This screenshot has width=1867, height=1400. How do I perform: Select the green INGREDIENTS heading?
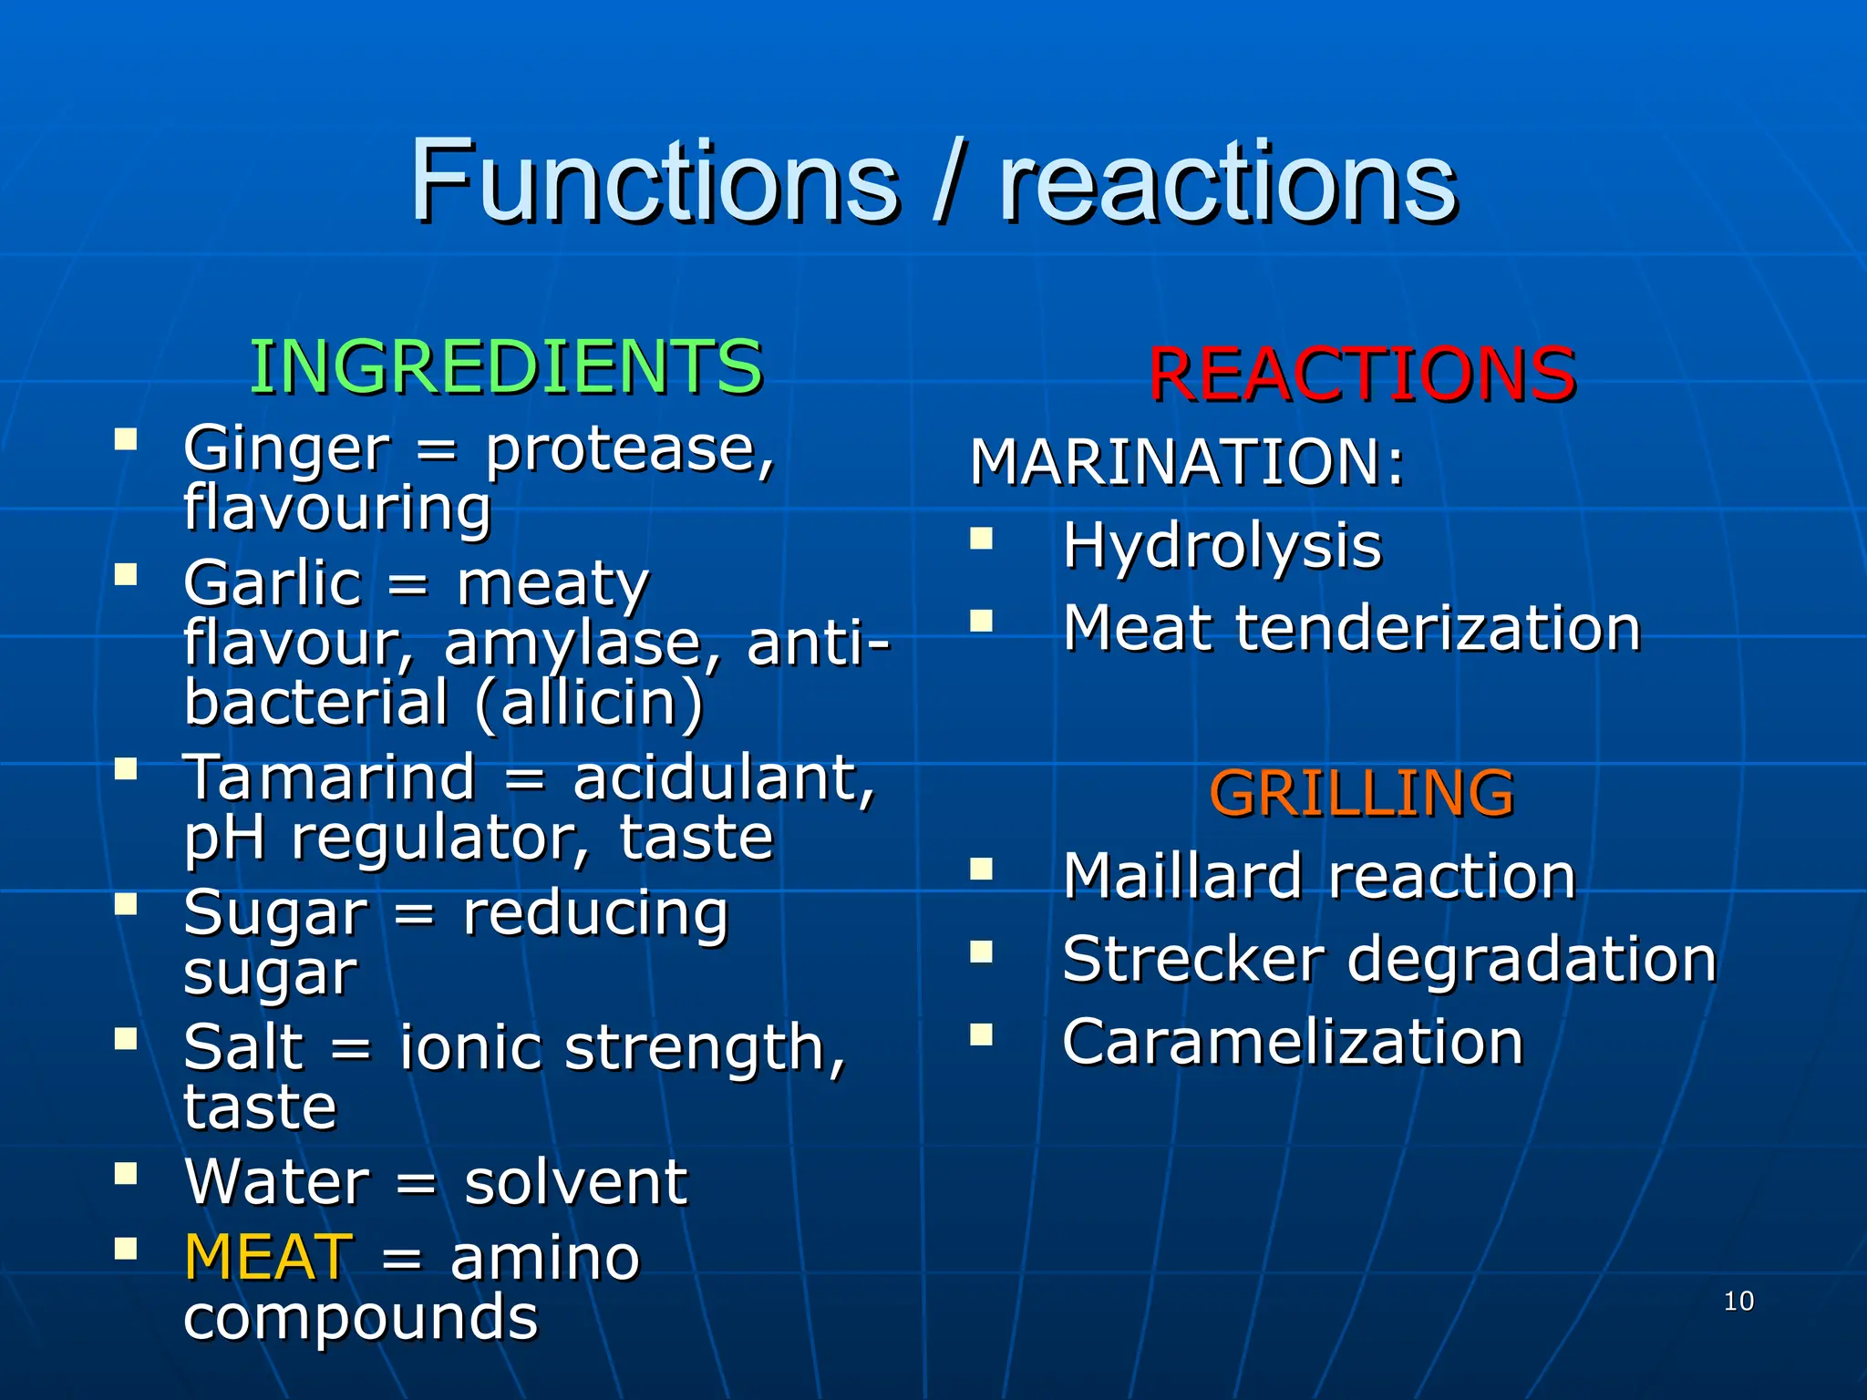[506, 366]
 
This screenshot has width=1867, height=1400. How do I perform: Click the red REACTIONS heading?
[1361, 374]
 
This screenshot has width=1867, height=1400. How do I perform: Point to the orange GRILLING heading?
[1361, 793]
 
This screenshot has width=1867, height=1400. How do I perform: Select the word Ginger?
[286, 448]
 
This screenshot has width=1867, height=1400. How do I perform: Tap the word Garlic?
[273, 583]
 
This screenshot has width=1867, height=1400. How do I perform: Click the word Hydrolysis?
[1222, 545]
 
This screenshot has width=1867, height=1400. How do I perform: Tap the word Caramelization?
[1293, 1042]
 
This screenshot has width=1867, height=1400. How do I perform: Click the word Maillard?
[1181, 876]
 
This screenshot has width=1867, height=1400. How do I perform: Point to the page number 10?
[1738, 1301]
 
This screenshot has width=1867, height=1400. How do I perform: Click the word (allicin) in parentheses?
[590, 703]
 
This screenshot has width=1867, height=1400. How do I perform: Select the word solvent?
[575, 1182]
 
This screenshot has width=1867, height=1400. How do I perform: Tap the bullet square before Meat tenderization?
[981, 621]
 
